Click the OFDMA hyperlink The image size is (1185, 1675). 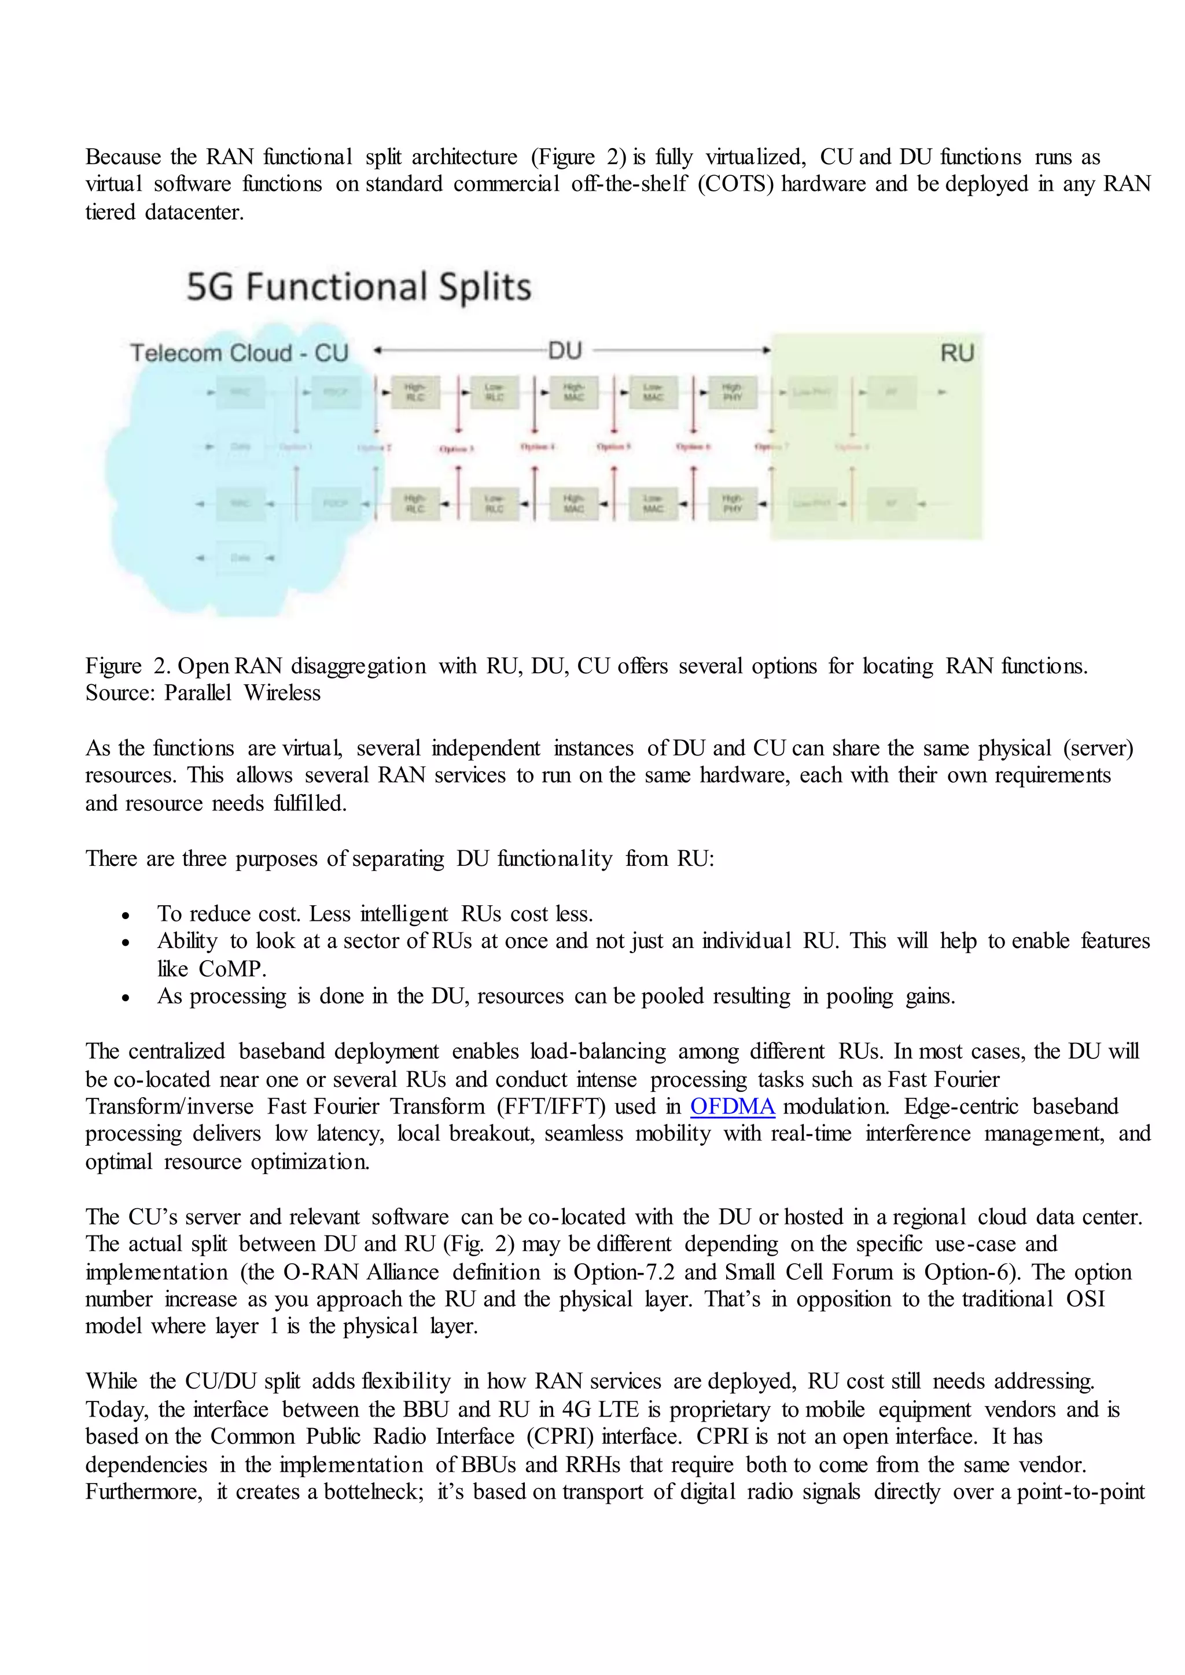[x=732, y=1106]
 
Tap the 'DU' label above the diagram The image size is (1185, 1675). [x=565, y=351]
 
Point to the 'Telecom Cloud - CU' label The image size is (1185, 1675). [x=240, y=353]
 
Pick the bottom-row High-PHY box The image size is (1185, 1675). [x=732, y=503]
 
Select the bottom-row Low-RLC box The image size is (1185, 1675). [x=494, y=503]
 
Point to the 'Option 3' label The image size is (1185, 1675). [x=457, y=449]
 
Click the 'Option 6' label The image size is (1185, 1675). [x=693, y=447]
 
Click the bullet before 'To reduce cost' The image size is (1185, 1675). [x=126, y=915]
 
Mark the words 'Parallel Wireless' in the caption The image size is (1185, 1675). [x=242, y=692]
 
